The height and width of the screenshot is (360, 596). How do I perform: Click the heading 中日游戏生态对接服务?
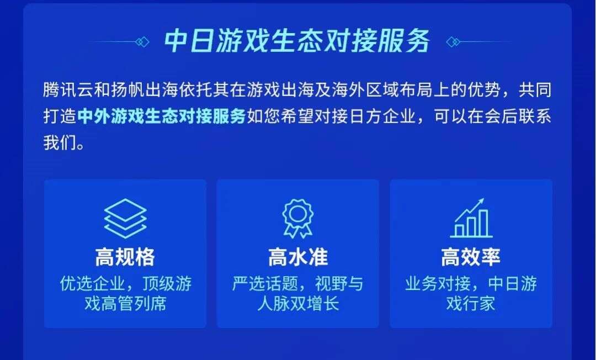tap(297, 42)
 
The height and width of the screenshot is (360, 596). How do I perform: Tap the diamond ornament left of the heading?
tap(143, 42)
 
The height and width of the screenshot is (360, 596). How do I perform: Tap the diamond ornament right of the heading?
tap(452, 42)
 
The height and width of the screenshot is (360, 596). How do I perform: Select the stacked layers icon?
tap(125, 218)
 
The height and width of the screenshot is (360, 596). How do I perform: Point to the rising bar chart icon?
tap(470, 219)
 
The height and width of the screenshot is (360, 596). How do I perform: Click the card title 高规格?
tap(125, 257)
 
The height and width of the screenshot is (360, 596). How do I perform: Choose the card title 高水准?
tap(297, 257)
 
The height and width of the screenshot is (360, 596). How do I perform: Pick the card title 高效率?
tap(471, 257)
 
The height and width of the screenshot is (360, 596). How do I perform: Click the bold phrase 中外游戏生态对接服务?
tap(162, 117)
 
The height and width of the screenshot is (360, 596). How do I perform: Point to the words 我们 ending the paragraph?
tap(58, 144)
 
